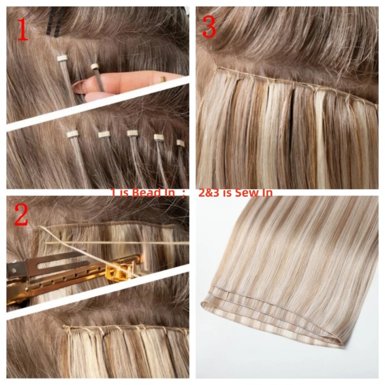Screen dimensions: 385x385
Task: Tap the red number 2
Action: click(22, 215)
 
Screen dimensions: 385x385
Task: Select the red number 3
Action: click(209, 27)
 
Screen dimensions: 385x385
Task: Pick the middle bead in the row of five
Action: click(132, 133)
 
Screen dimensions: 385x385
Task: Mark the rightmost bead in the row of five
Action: click(180, 143)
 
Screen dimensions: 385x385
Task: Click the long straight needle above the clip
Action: click(115, 244)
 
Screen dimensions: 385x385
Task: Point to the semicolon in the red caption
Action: click(184, 193)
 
